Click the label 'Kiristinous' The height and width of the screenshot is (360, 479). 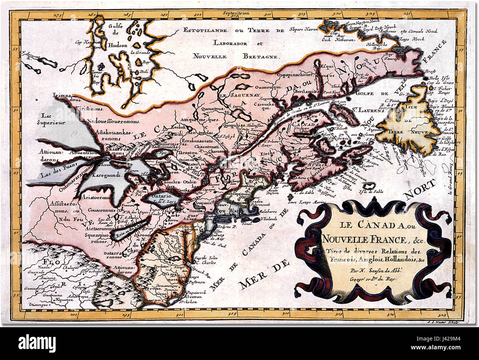tap(87, 109)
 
